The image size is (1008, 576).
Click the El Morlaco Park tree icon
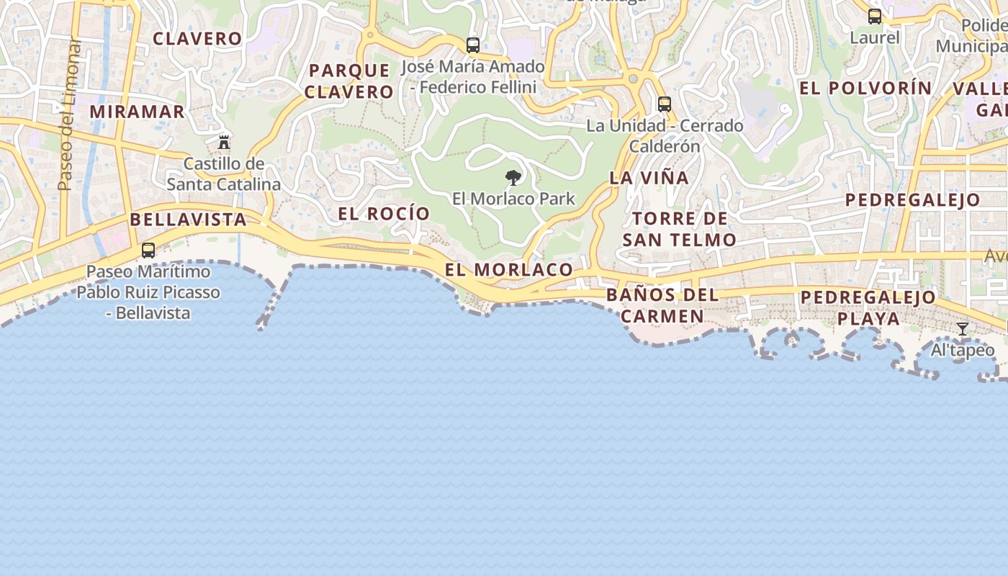click(x=513, y=177)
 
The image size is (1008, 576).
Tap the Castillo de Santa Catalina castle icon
click(x=224, y=142)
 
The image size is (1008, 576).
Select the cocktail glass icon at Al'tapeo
click(x=962, y=329)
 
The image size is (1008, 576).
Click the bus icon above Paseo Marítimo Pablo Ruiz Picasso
click(x=148, y=251)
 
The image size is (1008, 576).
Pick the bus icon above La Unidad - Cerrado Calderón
click(x=664, y=104)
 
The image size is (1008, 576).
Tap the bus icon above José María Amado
click(x=472, y=45)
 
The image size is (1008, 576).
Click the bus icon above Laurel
click(x=875, y=17)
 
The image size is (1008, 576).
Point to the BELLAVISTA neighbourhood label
click(x=189, y=220)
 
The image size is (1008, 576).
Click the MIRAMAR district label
click(x=138, y=112)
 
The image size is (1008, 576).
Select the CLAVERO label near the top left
click(x=197, y=38)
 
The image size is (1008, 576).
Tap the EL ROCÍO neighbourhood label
click(x=384, y=214)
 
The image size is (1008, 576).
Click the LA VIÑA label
click(x=649, y=178)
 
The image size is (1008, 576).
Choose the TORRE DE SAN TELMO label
click(x=679, y=229)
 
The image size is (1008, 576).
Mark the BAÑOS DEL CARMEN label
click(x=662, y=305)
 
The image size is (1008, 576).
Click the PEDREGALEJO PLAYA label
click(x=868, y=307)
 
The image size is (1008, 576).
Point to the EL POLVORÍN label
click(x=865, y=88)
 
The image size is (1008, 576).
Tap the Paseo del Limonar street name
click(x=70, y=115)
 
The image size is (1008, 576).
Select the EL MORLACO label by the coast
click(x=509, y=270)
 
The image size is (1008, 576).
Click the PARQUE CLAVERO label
click(x=348, y=81)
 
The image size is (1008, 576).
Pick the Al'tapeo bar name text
click(x=963, y=351)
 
